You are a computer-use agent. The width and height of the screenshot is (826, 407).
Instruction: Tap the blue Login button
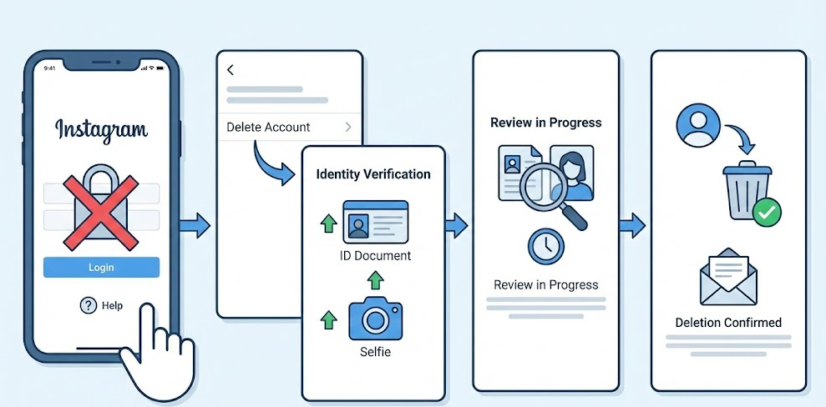coord(101,267)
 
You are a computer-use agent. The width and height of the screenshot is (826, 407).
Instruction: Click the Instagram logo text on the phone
coord(101,130)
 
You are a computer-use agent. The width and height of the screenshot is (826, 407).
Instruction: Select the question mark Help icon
coord(89,305)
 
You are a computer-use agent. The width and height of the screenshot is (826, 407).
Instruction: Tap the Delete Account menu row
coord(289,127)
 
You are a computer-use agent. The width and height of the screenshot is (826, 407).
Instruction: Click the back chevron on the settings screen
coord(231,70)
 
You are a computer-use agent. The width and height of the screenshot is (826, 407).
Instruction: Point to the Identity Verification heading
coord(373,174)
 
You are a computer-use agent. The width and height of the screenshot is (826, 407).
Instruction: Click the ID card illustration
coord(375,221)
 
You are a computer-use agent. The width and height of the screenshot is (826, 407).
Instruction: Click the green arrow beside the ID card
coord(327,224)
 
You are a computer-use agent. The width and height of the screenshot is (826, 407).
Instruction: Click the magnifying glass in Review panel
coord(546,193)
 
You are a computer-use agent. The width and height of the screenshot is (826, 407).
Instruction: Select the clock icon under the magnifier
coord(545,248)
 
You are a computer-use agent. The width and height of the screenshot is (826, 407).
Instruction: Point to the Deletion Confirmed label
coord(728,323)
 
